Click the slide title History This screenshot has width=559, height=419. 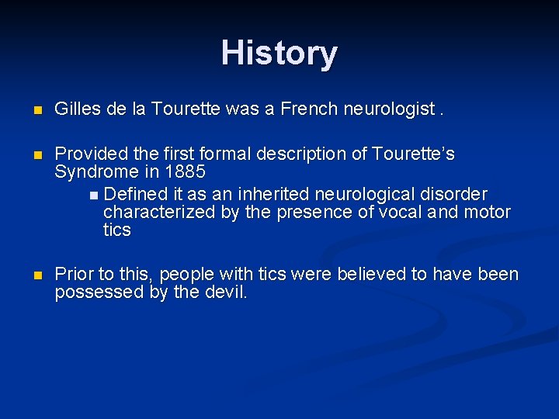(x=279, y=54)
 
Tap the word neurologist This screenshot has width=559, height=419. (x=394, y=109)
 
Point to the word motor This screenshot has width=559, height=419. (x=487, y=212)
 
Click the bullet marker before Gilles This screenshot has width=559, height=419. (x=30, y=110)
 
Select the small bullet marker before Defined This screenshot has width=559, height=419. (x=95, y=194)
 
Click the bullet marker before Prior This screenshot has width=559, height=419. (x=30, y=275)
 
